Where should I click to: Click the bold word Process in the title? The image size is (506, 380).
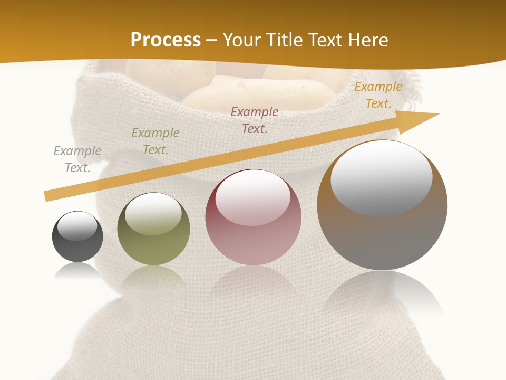coord(166,40)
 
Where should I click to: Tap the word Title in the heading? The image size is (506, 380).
coord(285,40)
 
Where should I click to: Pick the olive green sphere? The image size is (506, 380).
coord(153,245)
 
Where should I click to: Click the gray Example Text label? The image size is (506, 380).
coord(77,159)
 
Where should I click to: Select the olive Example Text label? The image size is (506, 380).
coord(155,141)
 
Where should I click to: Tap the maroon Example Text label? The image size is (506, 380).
coord(255,120)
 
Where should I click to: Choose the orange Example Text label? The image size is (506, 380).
coord(378,95)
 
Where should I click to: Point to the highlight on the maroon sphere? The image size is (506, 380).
coord(252,198)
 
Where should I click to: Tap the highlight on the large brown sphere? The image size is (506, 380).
coord(381,178)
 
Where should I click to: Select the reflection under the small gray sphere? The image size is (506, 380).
coord(77,271)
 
